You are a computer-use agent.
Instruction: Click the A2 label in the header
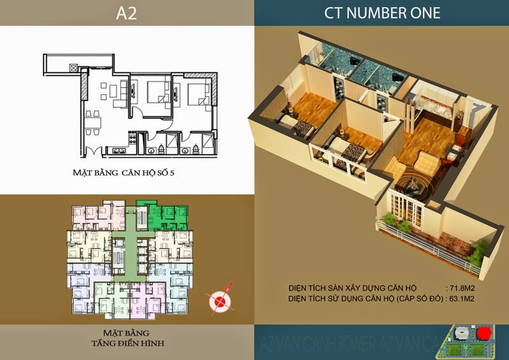click(127, 13)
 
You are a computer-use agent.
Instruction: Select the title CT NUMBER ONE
click(382, 13)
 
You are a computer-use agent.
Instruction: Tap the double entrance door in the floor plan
click(93, 151)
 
